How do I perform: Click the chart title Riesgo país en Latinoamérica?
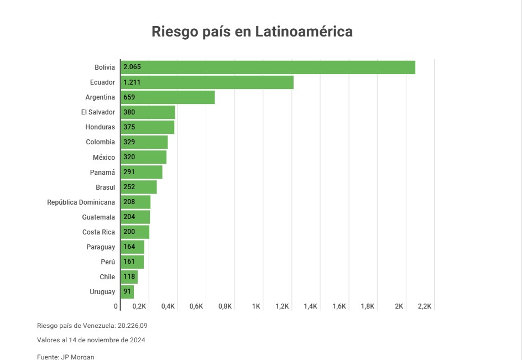(252, 32)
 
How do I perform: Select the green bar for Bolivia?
(268, 67)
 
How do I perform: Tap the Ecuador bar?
(207, 82)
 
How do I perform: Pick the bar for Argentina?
(168, 97)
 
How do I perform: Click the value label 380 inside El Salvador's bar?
(129, 112)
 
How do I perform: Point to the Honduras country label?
(100, 127)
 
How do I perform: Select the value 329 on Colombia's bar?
(129, 142)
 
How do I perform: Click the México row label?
(104, 158)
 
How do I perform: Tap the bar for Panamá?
(142, 172)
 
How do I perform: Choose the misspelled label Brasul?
(105, 187)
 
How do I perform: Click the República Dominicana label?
(81, 202)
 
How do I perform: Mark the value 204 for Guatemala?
(129, 217)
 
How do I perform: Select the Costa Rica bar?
(135, 232)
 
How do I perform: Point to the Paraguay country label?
(101, 247)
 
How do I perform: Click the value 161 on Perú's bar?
(129, 262)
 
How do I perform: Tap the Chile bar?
(129, 276)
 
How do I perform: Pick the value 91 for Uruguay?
(127, 291)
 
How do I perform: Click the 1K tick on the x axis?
(257, 306)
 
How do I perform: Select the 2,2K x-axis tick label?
(425, 306)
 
